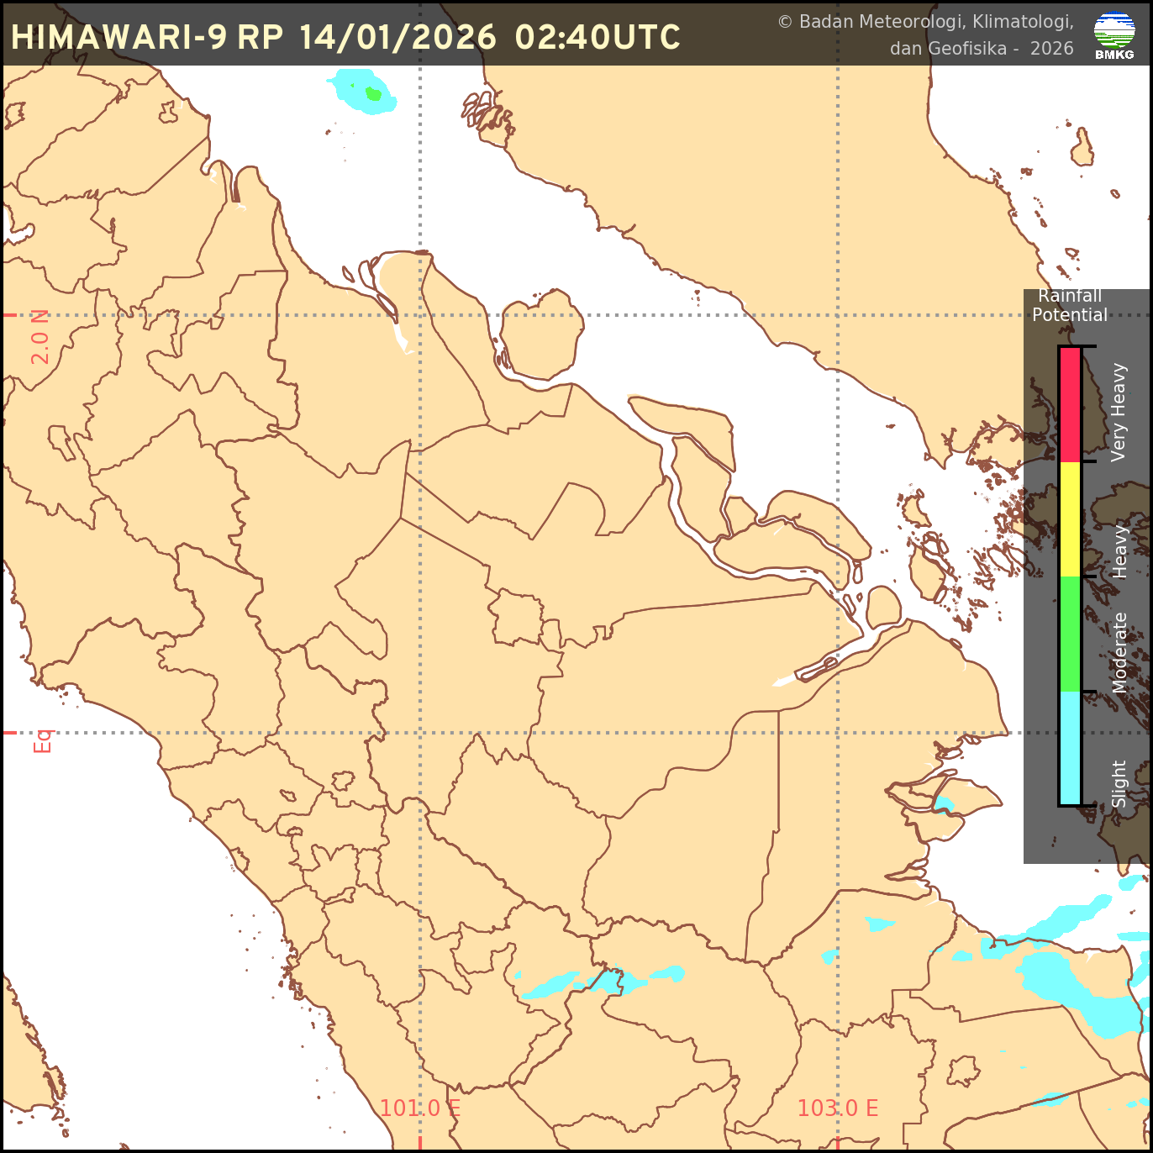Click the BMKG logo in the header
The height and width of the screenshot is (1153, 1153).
click(x=1114, y=35)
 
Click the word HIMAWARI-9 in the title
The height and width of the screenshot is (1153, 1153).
click(x=118, y=37)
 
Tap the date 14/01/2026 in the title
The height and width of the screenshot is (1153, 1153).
click(x=397, y=37)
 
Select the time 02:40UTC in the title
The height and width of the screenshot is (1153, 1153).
click(x=598, y=37)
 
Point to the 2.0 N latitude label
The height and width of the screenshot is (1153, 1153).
click(x=40, y=337)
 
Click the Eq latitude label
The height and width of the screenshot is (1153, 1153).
click(x=42, y=740)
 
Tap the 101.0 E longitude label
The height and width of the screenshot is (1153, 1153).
click(x=419, y=1108)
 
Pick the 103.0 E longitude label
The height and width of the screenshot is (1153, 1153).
click(x=837, y=1108)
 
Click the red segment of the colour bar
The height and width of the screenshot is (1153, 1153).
click(x=1070, y=404)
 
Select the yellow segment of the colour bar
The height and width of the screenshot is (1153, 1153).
click(x=1070, y=519)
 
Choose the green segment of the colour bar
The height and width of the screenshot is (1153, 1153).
click(x=1070, y=634)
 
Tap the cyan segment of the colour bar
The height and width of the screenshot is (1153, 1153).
click(x=1070, y=748)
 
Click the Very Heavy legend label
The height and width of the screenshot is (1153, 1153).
click(x=1119, y=412)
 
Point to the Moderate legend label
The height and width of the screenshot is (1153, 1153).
click(x=1119, y=653)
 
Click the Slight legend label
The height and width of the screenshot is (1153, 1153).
click(x=1119, y=784)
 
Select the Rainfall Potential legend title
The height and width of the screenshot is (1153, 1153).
click(x=1069, y=305)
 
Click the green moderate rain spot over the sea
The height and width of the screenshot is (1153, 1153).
click(x=374, y=93)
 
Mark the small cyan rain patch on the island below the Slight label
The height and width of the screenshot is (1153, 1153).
click(x=943, y=805)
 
